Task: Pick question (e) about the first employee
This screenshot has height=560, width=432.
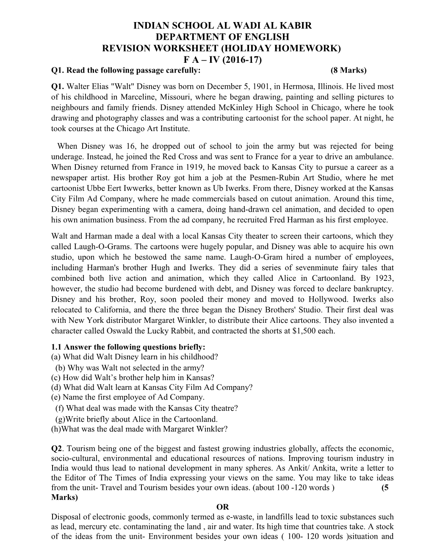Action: tap(127, 397)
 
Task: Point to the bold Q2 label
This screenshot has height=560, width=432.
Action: tap(57, 448)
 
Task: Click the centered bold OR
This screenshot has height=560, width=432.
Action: tap(222, 507)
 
